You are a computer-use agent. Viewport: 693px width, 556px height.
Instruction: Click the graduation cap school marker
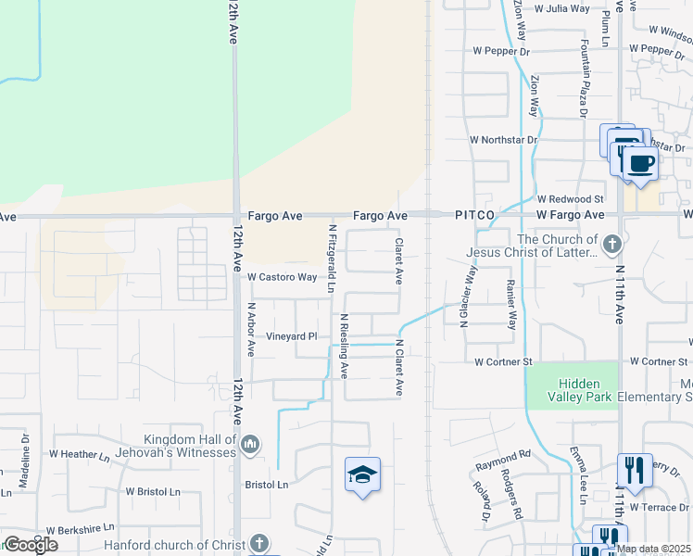pos(362,475)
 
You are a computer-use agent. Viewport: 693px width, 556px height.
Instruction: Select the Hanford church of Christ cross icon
pos(260,543)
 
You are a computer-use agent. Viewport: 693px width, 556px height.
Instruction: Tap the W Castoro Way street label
pos(282,277)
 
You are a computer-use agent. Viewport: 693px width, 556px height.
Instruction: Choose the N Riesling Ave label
pos(344,346)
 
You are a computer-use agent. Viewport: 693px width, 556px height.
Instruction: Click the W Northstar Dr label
pos(503,140)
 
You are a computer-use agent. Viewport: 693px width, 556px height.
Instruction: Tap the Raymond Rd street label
pos(503,456)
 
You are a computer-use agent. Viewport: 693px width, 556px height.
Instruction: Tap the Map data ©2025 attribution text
pos(654,549)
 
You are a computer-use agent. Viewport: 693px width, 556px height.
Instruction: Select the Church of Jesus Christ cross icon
pos(611,246)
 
